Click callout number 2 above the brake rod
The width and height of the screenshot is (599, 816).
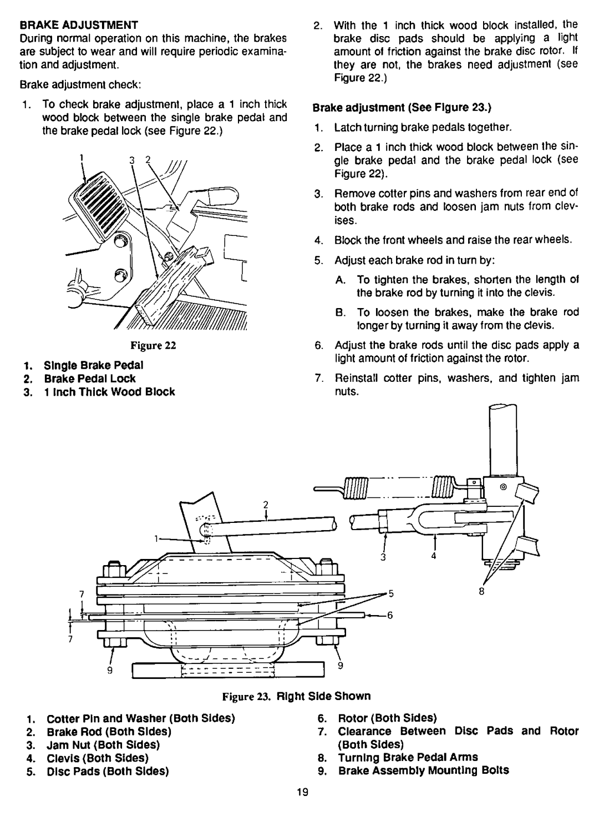pos(266,505)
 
